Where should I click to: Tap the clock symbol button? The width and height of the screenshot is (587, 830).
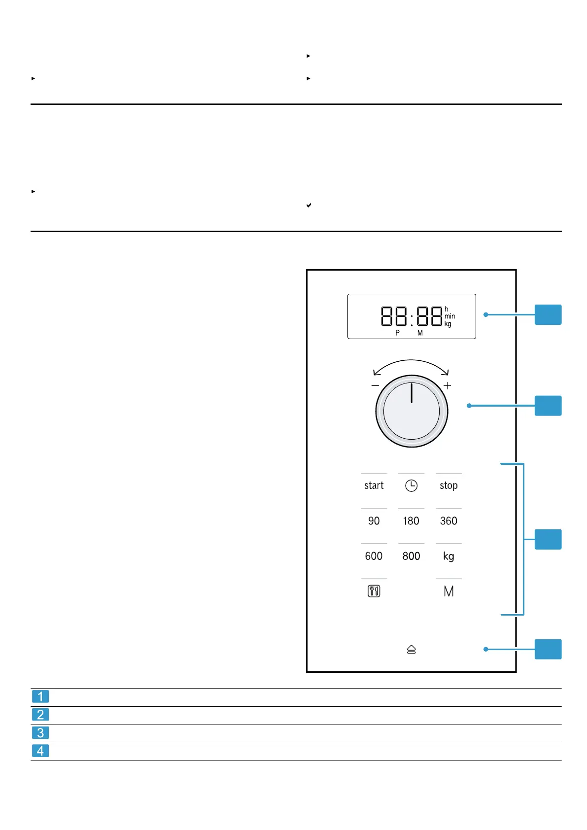411,486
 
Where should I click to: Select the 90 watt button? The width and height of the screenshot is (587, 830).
374,521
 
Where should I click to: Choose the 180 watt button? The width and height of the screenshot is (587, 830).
411,521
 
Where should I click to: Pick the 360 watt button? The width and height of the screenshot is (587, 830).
449,521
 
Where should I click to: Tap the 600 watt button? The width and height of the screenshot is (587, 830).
374,556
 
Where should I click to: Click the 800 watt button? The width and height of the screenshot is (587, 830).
411,556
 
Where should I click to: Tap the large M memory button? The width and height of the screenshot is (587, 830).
449,591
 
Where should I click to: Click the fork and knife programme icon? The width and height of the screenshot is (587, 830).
374,591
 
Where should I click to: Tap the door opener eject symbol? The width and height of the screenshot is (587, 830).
412,650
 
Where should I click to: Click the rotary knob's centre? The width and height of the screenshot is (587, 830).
412,411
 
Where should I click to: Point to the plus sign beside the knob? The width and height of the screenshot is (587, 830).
447,385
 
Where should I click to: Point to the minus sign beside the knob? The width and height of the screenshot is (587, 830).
376,385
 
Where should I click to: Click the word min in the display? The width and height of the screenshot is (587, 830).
449,316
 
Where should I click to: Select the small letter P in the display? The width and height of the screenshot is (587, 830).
397,333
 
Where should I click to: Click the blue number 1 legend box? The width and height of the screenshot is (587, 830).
40,696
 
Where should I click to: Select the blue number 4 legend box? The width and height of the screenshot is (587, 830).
40,751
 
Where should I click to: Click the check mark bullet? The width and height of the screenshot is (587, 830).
309,205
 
